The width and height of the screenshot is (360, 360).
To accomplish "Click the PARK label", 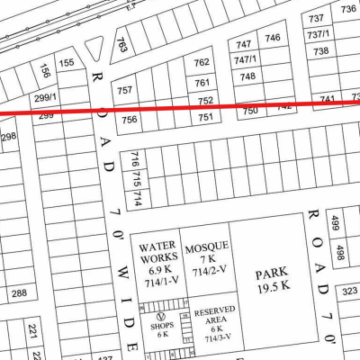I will click(269, 274).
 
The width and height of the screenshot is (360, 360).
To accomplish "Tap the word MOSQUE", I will click(207, 247).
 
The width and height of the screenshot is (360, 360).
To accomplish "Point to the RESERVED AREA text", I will click(215, 315).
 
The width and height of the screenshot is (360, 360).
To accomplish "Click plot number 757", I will click(125, 90).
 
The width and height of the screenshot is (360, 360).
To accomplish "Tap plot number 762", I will click(202, 62).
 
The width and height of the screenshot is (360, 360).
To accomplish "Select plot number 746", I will click(273, 37).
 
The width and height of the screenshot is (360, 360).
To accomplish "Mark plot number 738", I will click(320, 51).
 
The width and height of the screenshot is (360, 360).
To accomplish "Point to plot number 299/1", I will click(45, 97).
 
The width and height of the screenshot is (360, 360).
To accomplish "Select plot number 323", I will click(349, 291).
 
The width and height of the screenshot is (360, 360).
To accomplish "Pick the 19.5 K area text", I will click(269, 288).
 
